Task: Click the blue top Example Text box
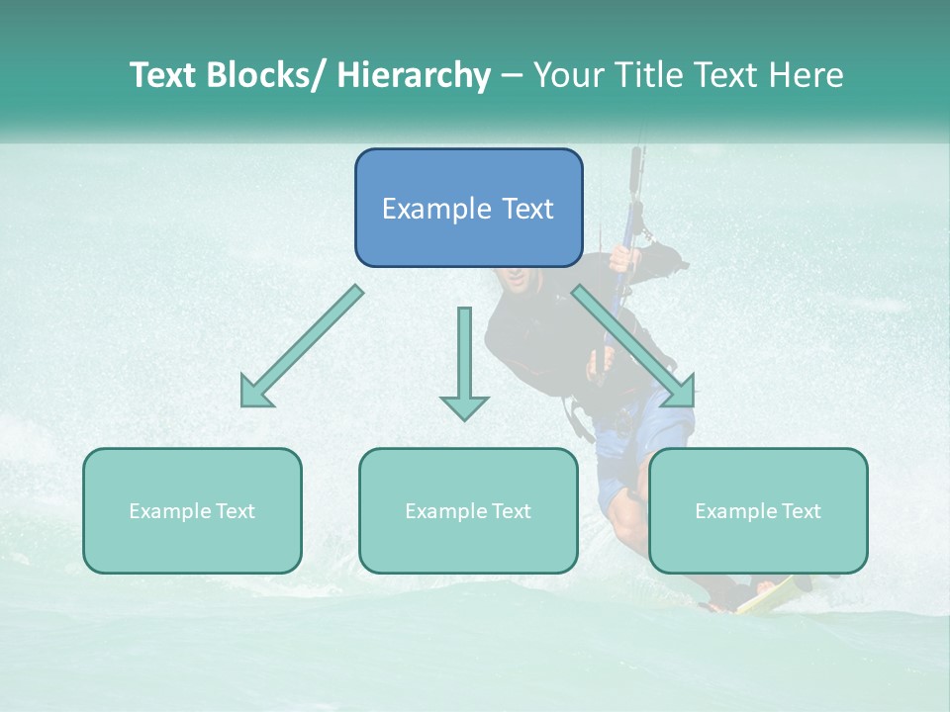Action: [x=468, y=208]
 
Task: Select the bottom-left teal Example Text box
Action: [x=192, y=510]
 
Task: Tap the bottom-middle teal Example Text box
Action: [x=468, y=510]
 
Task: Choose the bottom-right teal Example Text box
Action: [x=758, y=510]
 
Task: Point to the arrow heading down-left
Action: [x=302, y=346]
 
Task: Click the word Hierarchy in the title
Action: [x=414, y=75]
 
